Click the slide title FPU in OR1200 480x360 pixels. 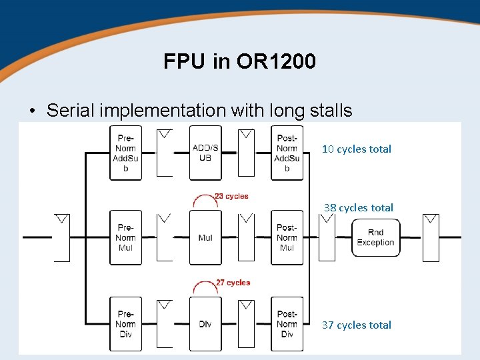coord(239,62)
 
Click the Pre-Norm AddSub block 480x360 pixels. coord(125,153)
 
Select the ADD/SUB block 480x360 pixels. coord(205,153)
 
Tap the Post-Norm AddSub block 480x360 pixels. coord(287,153)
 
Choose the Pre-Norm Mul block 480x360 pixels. coord(125,237)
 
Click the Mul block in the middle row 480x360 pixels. coord(205,237)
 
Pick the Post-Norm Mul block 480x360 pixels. coord(287,237)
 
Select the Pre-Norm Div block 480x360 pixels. coord(125,324)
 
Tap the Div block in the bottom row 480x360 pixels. coord(205,324)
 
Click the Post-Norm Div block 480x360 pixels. coord(287,324)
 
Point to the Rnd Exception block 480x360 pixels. coord(375,237)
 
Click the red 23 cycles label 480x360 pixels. coord(231,196)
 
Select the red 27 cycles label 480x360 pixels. coord(233,283)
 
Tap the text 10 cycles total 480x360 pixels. coord(357,149)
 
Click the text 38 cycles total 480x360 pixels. coord(359,208)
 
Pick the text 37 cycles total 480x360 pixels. coord(357,325)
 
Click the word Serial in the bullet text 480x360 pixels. coord(73,111)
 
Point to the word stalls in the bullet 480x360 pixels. coord(325,111)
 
